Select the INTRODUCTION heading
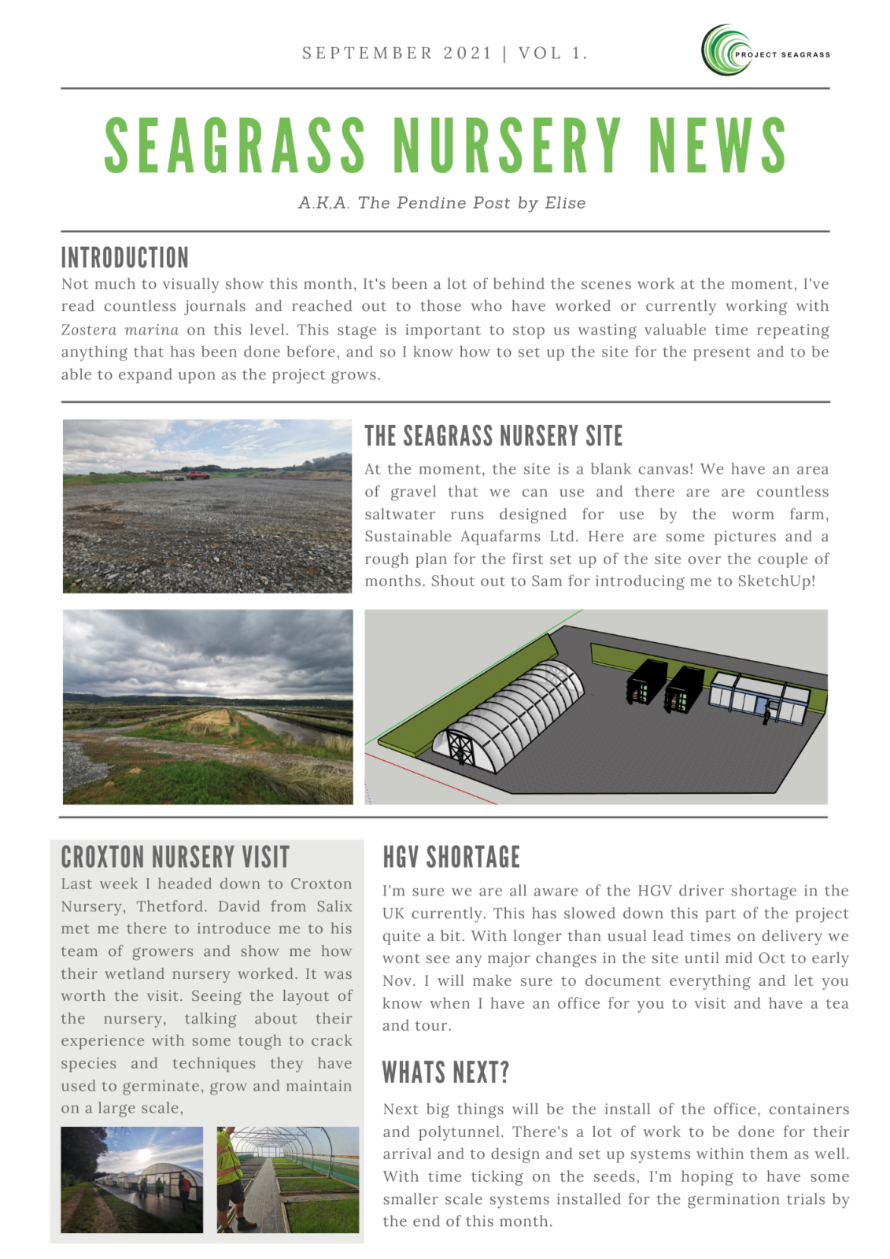click(x=124, y=257)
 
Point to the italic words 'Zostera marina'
click(x=120, y=330)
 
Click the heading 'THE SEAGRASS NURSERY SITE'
click(x=493, y=436)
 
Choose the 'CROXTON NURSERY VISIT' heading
click(x=175, y=857)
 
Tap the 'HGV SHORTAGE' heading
click(x=451, y=857)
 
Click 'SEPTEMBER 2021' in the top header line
click(x=397, y=54)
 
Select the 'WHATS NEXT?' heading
click(x=445, y=1072)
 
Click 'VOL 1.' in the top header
click(x=552, y=54)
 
